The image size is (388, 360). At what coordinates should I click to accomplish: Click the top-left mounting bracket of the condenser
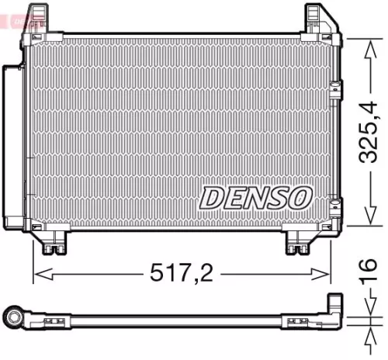point(35,20)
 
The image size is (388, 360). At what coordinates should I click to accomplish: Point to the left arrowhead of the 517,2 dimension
point(39,272)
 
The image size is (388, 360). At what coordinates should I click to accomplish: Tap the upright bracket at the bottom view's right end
point(334,304)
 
